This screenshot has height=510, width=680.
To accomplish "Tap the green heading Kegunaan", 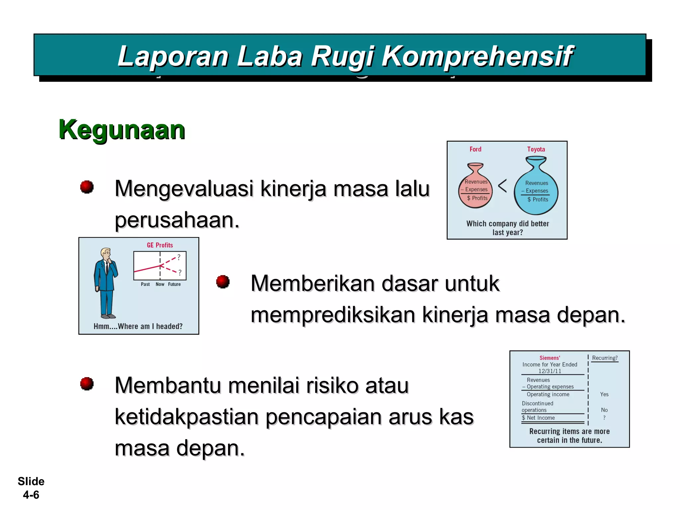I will [122, 130].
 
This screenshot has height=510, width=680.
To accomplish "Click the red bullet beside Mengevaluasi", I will [87, 187].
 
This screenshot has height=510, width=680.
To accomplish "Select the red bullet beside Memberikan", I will [223, 282].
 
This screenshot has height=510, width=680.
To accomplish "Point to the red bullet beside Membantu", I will [87, 384].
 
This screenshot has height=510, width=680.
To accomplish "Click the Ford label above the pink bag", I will [475, 149].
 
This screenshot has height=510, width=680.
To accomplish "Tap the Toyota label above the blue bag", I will [536, 149].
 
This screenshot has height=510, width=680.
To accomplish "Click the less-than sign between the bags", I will [502, 186].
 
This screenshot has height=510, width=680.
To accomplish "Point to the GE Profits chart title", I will [160, 245].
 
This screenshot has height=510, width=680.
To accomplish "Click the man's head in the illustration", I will [106, 254].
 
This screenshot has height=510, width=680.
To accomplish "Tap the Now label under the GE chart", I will [160, 284].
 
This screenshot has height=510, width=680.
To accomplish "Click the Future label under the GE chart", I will [174, 284].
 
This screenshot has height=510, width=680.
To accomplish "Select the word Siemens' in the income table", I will [550, 358].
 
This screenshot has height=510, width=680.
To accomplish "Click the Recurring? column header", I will [605, 358].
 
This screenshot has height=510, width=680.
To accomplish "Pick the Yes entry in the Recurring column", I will [604, 394].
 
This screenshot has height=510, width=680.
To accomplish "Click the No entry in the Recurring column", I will [604, 410].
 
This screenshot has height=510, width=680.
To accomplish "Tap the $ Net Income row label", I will [538, 418].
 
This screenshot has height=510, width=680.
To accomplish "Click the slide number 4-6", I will [31, 495].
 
